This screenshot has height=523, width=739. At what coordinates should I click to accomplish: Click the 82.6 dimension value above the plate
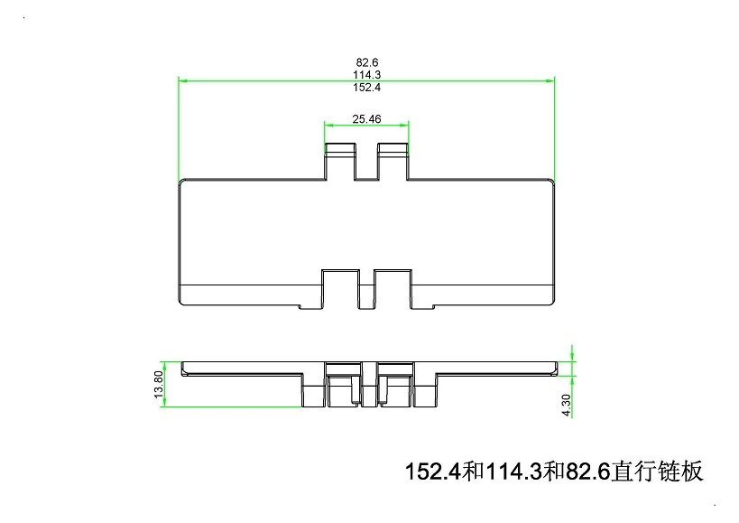(367, 62)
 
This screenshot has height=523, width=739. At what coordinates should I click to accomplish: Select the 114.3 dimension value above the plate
(367, 74)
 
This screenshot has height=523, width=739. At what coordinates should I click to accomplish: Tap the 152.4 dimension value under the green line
(367, 88)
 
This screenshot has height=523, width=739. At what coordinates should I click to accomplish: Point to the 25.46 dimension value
(366, 119)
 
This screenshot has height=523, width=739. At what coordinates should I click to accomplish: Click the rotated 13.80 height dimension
(159, 385)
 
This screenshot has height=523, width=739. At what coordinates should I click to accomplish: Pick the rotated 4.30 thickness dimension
(567, 405)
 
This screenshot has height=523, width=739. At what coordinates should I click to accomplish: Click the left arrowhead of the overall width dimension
(183, 80)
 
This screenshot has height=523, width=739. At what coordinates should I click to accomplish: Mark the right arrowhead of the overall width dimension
(550, 80)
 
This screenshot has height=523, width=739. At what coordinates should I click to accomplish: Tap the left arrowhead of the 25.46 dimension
(329, 125)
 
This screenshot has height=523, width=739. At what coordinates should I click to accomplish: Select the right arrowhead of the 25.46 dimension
(404, 125)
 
